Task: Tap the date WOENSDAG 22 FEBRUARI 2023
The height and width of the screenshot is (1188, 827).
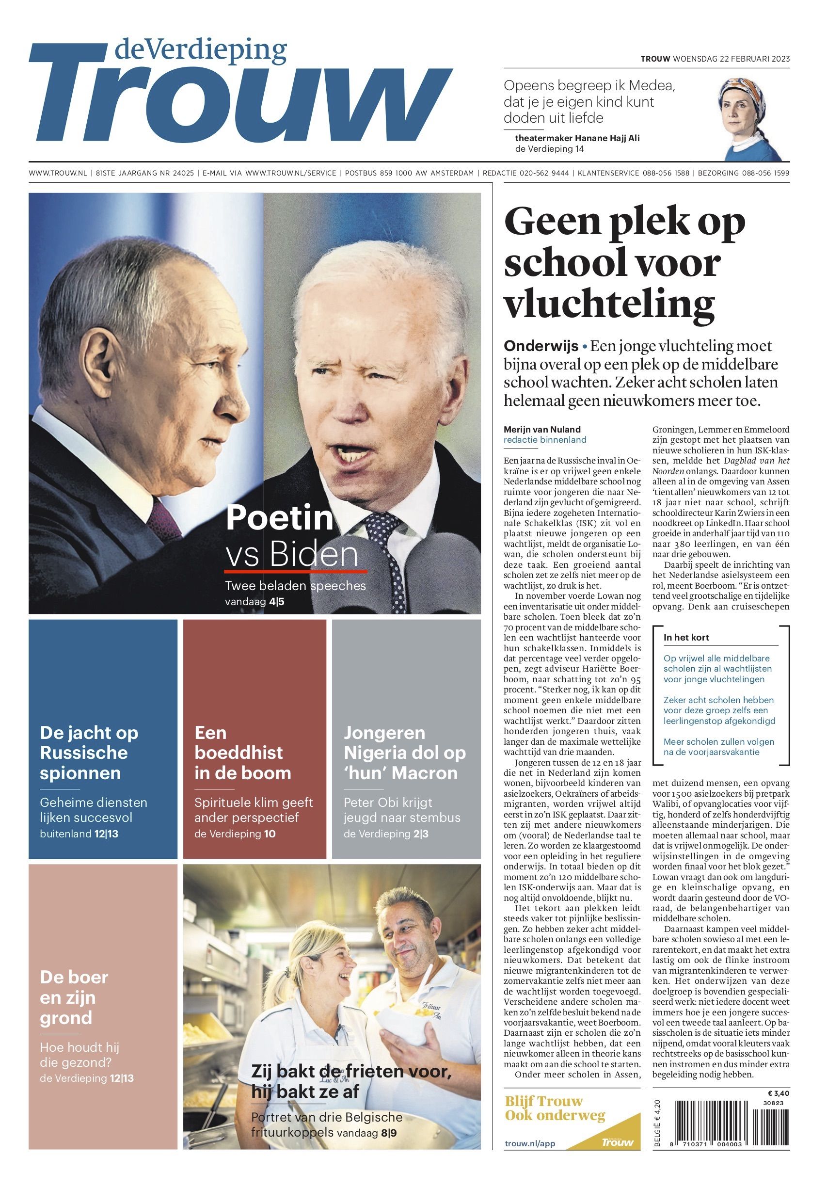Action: [x=731, y=59]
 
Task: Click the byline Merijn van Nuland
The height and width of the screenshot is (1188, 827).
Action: [x=542, y=429]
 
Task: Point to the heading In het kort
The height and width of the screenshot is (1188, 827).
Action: [x=686, y=638]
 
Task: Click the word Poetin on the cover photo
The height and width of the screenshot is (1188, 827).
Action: [x=279, y=517]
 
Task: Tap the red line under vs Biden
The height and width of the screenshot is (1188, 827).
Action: [x=295, y=571]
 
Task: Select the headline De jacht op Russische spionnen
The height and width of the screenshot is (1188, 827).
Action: [x=89, y=753]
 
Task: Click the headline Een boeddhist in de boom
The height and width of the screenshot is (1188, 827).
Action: [x=242, y=753]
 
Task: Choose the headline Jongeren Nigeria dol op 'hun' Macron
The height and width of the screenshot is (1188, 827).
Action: [x=404, y=753]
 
